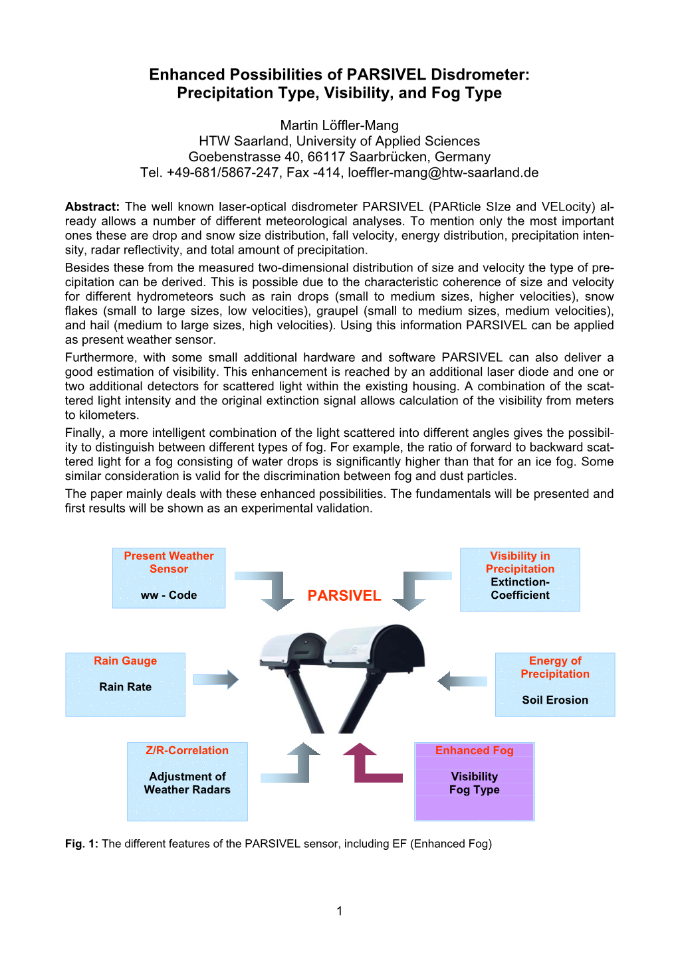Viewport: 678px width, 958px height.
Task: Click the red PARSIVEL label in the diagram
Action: tap(344, 596)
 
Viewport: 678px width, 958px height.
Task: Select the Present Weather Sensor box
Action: tap(169, 577)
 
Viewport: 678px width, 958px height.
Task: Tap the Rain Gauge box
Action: tap(125, 684)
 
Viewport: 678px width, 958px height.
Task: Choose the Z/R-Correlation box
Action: tap(187, 781)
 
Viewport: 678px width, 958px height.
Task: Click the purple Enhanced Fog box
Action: tap(475, 781)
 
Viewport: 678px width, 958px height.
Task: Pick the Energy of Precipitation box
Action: tap(555, 684)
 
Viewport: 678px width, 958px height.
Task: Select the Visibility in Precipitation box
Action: tap(520, 579)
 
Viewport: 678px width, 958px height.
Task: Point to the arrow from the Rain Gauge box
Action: tap(216, 679)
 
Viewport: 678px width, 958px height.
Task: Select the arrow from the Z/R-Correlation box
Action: tap(292, 767)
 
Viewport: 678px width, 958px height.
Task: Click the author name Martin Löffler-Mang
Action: tap(339, 125)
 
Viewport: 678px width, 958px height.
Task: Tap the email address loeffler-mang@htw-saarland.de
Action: tap(443, 173)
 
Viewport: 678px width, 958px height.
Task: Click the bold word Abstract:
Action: tap(92, 206)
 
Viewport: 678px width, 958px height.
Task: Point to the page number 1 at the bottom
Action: tap(340, 911)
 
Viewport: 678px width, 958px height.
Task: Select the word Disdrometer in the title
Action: tap(479, 74)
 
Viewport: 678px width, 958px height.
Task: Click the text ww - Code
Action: tap(169, 595)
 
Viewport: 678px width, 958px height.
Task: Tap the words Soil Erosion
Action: tap(555, 700)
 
